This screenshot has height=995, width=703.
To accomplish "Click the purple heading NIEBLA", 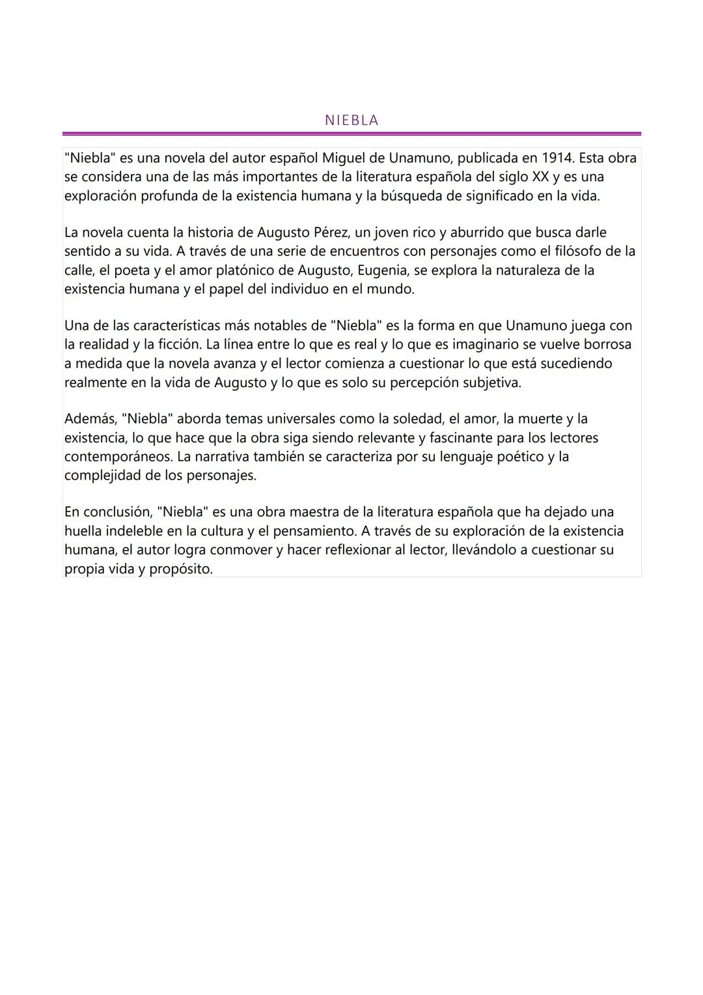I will tap(351, 121).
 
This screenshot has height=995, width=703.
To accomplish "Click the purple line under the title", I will tap(351, 134).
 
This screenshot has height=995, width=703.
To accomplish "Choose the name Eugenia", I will tap(383, 270).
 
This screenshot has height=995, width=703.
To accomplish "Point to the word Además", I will tap(90, 419).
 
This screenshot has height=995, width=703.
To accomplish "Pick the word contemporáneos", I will tap(118, 457).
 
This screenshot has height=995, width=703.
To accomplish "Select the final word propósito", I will tap(181, 569).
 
